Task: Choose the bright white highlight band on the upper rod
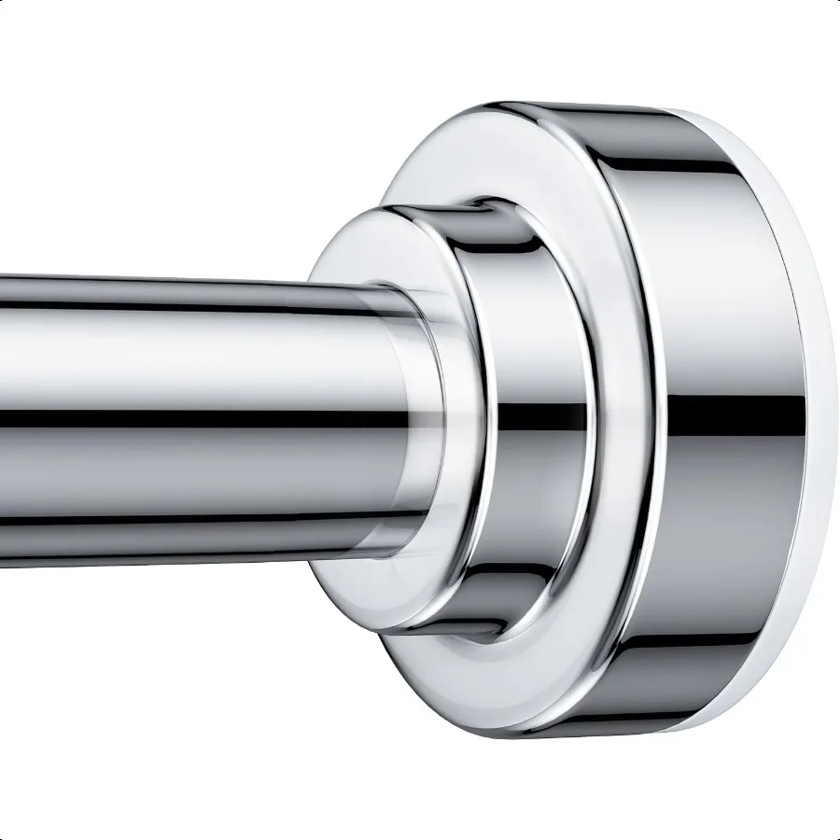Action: pos(187,331)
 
